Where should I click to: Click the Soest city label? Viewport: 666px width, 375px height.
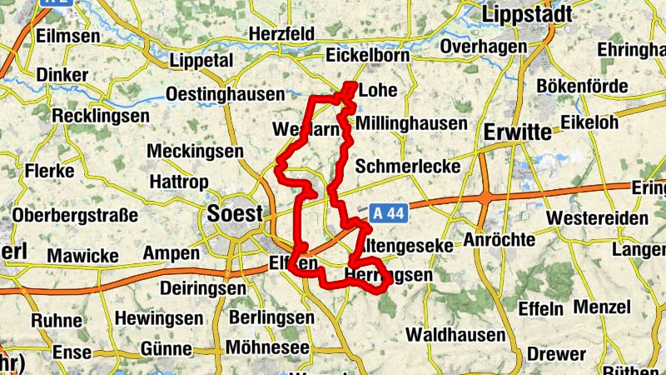(x=234, y=213)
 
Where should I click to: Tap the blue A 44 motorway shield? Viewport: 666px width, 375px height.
(x=388, y=213)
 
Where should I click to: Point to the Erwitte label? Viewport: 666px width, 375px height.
(x=517, y=132)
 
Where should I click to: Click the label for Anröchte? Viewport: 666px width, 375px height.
(x=499, y=239)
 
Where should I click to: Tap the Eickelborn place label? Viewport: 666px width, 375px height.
(x=365, y=56)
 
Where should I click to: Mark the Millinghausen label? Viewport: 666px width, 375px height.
(x=411, y=123)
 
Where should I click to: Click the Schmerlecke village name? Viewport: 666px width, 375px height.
(x=408, y=167)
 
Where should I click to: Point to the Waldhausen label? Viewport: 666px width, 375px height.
(x=455, y=335)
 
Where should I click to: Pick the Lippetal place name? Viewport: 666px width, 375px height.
(x=202, y=61)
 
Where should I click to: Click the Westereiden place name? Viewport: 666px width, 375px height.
(x=598, y=218)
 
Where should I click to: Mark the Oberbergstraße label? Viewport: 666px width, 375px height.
(x=75, y=216)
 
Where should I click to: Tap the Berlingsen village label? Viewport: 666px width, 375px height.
(x=271, y=317)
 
